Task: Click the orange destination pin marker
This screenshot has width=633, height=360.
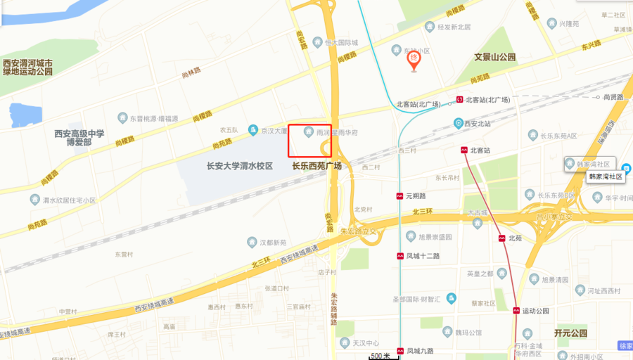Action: pyautogui.click(x=415, y=60)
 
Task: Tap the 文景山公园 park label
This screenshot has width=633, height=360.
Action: pyautogui.click(x=494, y=57)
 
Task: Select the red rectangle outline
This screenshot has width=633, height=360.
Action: pyautogui.click(x=309, y=140)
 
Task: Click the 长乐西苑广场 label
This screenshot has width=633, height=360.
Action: pyautogui.click(x=316, y=167)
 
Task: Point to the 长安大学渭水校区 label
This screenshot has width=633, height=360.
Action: pyautogui.click(x=239, y=167)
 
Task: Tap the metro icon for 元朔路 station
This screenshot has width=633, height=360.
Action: pyautogui.click(x=399, y=196)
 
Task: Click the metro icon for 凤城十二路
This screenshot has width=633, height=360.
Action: pyautogui.click(x=399, y=256)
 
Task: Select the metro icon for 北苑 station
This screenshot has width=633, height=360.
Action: pyautogui.click(x=502, y=238)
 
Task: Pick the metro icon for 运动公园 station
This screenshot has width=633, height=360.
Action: pyautogui.click(x=516, y=311)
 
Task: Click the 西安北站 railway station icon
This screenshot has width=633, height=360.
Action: pyautogui.click(x=459, y=124)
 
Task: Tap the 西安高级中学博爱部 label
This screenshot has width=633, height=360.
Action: pyautogui.click(x=79, y=138)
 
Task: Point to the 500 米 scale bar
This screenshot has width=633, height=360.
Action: pyautogui.click(x=381, y=356)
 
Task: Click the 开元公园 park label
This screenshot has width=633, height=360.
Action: pyautogui.click(x=570, y=333)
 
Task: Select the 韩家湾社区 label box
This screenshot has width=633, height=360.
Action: pyautogui.click(x=606, y=177)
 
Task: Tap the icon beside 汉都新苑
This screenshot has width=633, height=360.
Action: pyautogui.click(x=252, y=243)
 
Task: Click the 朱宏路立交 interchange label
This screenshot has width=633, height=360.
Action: pyautogui.click(x=359, y=231)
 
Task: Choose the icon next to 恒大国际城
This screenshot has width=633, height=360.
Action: pyautogui.click(x=318, y=43)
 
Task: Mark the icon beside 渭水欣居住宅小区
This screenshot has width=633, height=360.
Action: pyautogui.click(x=35, y=200)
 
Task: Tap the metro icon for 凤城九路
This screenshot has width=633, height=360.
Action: pyautogui.click(x=399, y=350)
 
